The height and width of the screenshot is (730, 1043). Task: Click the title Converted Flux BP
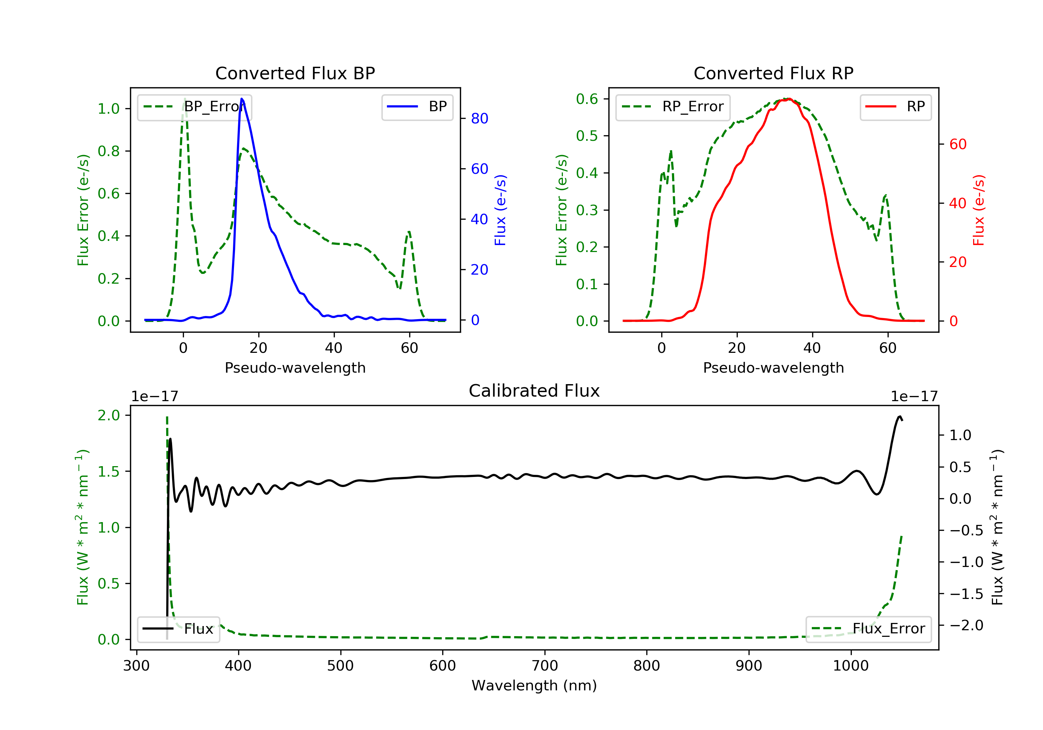pos(295,73)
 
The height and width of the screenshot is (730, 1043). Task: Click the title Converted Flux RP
pos(773,73)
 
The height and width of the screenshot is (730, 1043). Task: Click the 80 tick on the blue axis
pos(479,119)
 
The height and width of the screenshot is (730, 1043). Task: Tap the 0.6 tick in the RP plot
pos(587,99)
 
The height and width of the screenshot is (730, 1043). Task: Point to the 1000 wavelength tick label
pos(850,666)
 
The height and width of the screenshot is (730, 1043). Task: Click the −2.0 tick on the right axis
pos(966,625)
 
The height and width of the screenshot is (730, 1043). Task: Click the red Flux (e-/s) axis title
pos(978,210)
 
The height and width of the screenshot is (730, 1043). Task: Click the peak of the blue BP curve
pos(242,99)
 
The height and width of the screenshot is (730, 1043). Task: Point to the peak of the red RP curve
pos(789,99)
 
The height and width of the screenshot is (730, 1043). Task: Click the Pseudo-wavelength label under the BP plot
pos(295,368)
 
